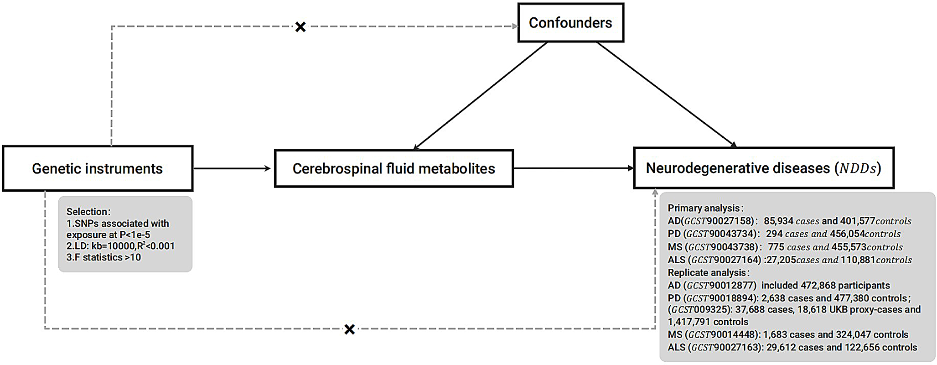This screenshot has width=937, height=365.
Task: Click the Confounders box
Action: pos(570,23)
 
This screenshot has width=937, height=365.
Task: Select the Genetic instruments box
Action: pos(98,168)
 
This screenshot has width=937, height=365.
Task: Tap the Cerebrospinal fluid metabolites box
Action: pos(393,168)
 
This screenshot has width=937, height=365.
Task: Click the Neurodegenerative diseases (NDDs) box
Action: pos(763,168)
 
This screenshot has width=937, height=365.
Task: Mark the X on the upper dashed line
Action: pos(300,27)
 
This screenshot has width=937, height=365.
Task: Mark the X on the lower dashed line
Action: pos(349,329)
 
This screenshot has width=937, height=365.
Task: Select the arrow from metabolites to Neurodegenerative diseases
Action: pos(573,168)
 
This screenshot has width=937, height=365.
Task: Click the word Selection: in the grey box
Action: pos(88,212)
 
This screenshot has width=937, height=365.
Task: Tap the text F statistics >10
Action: pos(104,257)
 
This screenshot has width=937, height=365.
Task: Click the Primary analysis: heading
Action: pos(705,208)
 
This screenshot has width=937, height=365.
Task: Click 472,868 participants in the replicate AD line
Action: pos(845,285)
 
